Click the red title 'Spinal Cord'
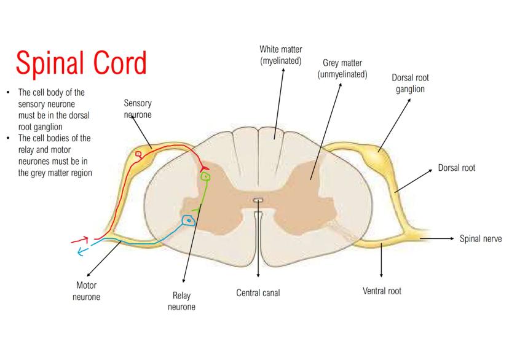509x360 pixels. coord(81,62)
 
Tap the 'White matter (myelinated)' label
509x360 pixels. coord(281,55)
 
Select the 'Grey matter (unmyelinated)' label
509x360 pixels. coord(342,68)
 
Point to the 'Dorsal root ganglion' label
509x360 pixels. coord(410,84)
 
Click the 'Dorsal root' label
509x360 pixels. coord(456,167)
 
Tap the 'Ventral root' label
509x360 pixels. coord(382,291)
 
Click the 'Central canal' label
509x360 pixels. coord(258,293)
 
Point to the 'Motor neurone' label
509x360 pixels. coord(86,291)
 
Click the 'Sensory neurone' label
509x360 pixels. coord(138,109)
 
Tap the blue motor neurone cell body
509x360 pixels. coord(189,219)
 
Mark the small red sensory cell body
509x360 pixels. coord(139,154)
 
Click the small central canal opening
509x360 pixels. coord(258,200)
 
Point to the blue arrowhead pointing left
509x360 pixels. coord(81,251)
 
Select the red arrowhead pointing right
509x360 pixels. coord(84,240)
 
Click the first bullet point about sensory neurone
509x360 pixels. coord(52,109)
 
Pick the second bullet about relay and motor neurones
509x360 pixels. coord(54,155)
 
